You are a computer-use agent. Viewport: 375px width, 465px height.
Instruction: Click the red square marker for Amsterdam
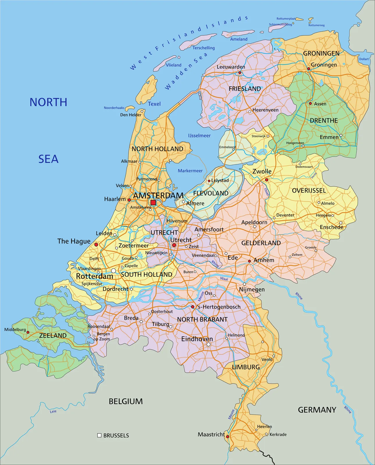[x=153, y=203]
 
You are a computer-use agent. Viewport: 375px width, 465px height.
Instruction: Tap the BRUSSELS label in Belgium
[x=116, y=435]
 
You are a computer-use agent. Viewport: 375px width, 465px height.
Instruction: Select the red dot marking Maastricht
[x=228, y=437]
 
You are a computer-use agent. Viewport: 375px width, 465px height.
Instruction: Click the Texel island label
[x=154, y=104]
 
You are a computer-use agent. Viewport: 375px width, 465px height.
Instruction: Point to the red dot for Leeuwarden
[x=240, y=73]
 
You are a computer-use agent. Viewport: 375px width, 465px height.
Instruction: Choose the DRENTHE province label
[x=324, y=120]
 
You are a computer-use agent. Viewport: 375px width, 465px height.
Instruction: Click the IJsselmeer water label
[x=199, y=135]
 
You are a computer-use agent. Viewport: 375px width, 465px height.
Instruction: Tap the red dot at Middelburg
[x=28, y=332]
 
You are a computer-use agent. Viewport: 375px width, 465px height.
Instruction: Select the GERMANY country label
[x=317, y=410]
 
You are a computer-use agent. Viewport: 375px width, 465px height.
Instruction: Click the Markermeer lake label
[x=190, y=171]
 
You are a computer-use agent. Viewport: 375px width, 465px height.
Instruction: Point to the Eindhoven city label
[x=197, y=339]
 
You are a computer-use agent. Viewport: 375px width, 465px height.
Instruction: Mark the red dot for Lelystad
[x=209, y=181]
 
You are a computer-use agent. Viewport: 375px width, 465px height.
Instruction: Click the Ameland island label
[x=239, y=39]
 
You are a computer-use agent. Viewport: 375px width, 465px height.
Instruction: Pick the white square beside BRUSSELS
[x=99, y=435]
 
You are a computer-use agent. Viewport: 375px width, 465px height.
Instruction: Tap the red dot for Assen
[x=310, y=103]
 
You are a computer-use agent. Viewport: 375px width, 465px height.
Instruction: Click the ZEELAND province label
[x=53, y=335]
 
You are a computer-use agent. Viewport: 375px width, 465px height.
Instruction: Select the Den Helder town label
[x=131, y=115]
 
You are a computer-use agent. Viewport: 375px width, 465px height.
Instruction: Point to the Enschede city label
[x=331, y=227]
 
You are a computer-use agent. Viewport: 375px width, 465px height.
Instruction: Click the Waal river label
[x=224, y=279]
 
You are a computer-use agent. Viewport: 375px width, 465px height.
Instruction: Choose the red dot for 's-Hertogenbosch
[x=192, y=307]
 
